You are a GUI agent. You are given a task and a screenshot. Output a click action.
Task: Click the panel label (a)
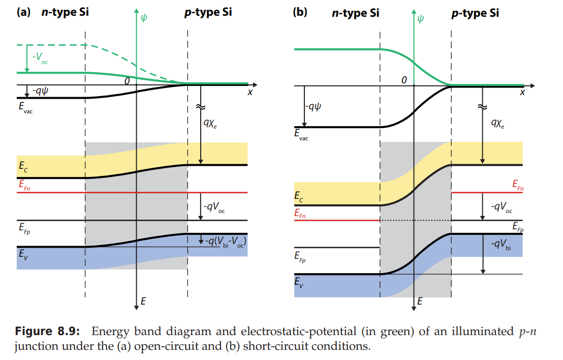[25, 12]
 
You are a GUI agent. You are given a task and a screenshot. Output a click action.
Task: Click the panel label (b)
[300, 12]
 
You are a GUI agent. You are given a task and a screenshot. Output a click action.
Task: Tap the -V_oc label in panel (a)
[40, 57]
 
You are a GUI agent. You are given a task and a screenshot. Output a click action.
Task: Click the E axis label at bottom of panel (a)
[143, 302]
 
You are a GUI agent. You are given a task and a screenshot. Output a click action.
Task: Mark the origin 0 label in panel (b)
[404, 80]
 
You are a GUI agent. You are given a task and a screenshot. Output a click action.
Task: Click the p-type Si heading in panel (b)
[475, 13]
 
